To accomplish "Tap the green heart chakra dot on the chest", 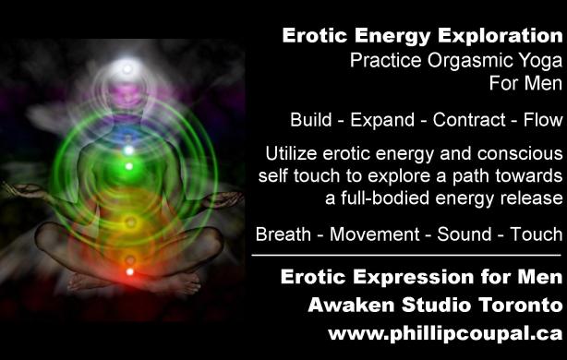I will coord(129,166).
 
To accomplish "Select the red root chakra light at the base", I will coord(129,272).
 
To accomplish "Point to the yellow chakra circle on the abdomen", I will coord(129,222).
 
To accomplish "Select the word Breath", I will coord(283,234).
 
